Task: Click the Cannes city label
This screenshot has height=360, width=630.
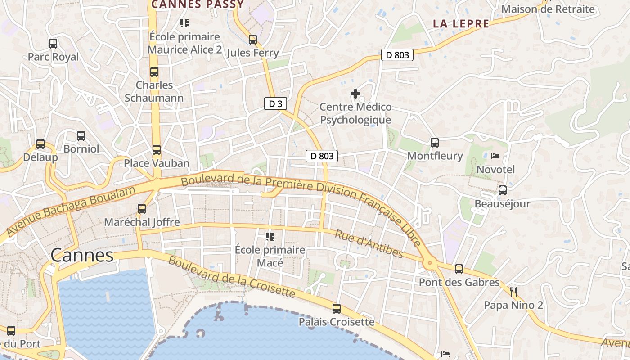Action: tap(82, 255)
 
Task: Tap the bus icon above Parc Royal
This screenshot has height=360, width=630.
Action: tap(53, 44)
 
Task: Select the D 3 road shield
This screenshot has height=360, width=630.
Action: tap(275, 103)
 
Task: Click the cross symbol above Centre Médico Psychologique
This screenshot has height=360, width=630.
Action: tap(355, 94)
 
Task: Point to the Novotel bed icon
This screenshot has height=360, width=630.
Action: tap(495, 156)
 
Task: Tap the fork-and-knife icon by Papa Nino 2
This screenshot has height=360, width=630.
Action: tap(513, 292)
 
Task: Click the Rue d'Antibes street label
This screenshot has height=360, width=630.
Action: tap(369, 244)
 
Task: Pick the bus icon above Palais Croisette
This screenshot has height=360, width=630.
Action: tap(337, 309)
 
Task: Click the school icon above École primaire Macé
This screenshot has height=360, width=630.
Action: tap(270, 236)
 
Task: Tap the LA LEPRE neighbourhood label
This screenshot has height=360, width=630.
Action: tap(461, 24)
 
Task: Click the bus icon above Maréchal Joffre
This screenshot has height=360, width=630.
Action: tap(142, 209)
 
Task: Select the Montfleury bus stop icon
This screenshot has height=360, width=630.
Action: tap(435, 143)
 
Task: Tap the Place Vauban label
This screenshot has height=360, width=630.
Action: tap(157, 163)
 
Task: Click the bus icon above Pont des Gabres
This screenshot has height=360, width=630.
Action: tap(459, 269)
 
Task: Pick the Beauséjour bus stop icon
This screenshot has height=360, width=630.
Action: tap(503, 190)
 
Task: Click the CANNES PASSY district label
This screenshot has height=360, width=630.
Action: tap(198, 4)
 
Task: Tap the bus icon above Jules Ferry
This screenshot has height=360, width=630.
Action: tap(253, 40)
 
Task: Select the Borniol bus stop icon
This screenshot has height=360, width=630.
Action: tap(81, 135)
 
